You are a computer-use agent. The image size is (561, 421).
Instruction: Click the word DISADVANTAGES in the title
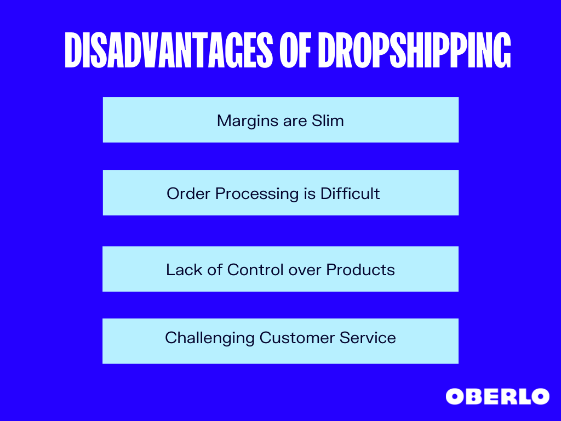point(169,50)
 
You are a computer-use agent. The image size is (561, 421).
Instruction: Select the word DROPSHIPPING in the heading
point(414,50)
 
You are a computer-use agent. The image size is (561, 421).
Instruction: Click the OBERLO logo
point(497,397)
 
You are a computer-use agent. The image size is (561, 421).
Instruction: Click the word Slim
point(328,120)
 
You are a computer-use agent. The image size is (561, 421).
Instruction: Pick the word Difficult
point(350,194)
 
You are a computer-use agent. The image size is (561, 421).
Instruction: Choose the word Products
point(360,270)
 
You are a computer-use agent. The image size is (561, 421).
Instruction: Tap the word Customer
point(296,338)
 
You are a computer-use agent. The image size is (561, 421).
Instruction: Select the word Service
point(368,338)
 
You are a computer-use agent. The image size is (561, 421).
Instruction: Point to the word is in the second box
point(310,194)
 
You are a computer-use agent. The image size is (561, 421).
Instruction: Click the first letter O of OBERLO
point(454,397)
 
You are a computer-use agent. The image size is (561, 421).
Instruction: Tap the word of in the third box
point(214,270)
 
